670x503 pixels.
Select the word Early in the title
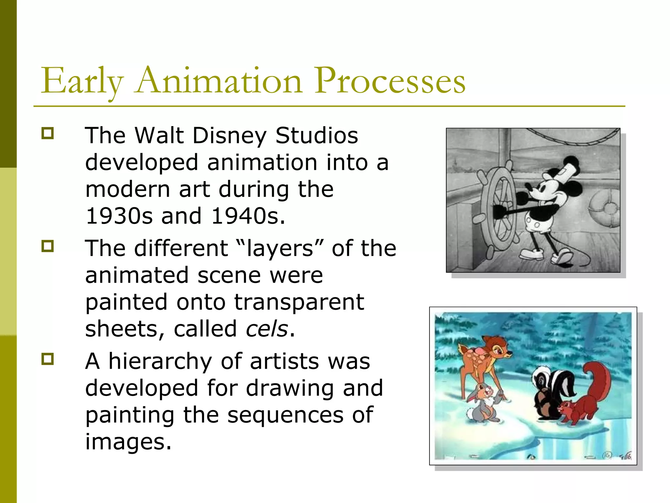pos(82,81)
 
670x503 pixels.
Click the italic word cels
pos(267,329)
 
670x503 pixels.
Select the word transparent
pos(299,302)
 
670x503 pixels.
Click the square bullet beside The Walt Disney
pos(47,133)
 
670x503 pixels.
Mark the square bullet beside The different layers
pos(47,246)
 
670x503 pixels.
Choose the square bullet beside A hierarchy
pos(47,359)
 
